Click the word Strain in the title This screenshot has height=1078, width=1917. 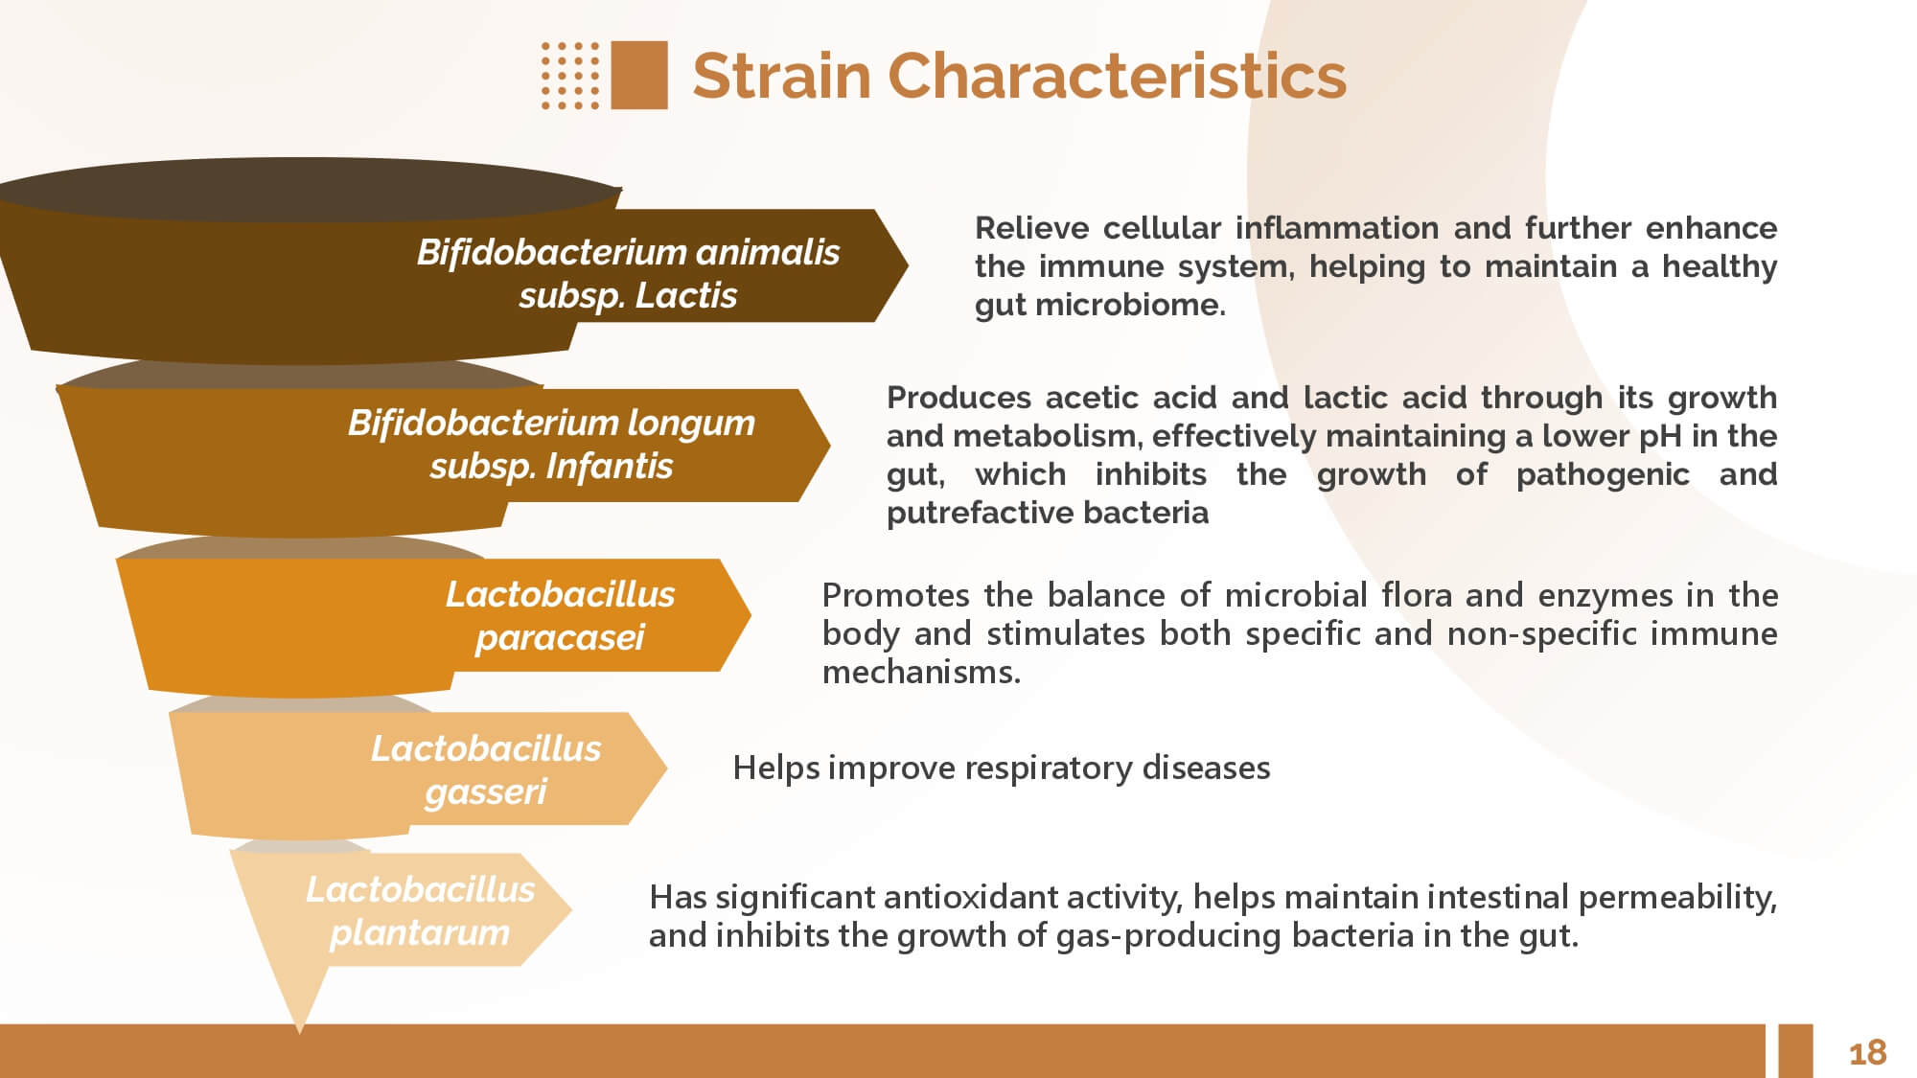tap(781, 76)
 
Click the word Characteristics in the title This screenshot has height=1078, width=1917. tap(1118, 76)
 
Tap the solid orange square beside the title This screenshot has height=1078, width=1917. tap(639, 75)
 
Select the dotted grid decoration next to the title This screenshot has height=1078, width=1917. tap(570, 75)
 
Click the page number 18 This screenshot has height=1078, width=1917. tap(1867, 1053)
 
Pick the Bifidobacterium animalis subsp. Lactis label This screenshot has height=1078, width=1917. tap(628, 273)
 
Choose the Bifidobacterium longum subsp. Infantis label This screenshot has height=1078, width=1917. tap(551, 444)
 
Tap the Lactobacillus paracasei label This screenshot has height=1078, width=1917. tap(560, 615)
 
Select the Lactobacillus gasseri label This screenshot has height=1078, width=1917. tap(486, 769)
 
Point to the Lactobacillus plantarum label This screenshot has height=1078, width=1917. tap(420, 910)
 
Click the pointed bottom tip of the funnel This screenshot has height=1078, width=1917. tap(299, 1031)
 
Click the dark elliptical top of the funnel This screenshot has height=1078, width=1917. tap(309, 190)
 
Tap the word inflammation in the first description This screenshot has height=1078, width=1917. tap(1337, 228)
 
